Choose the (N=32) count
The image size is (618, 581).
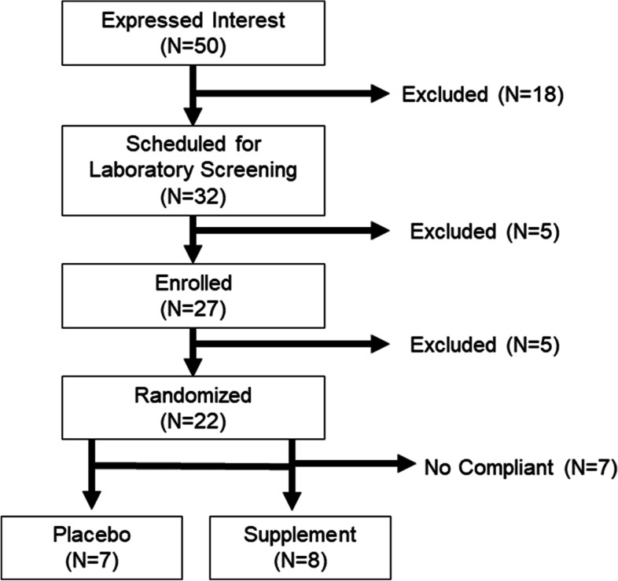click(192, 195)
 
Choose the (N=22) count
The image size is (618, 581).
click(192, 422)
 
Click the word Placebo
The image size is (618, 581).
click(94, 535)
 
